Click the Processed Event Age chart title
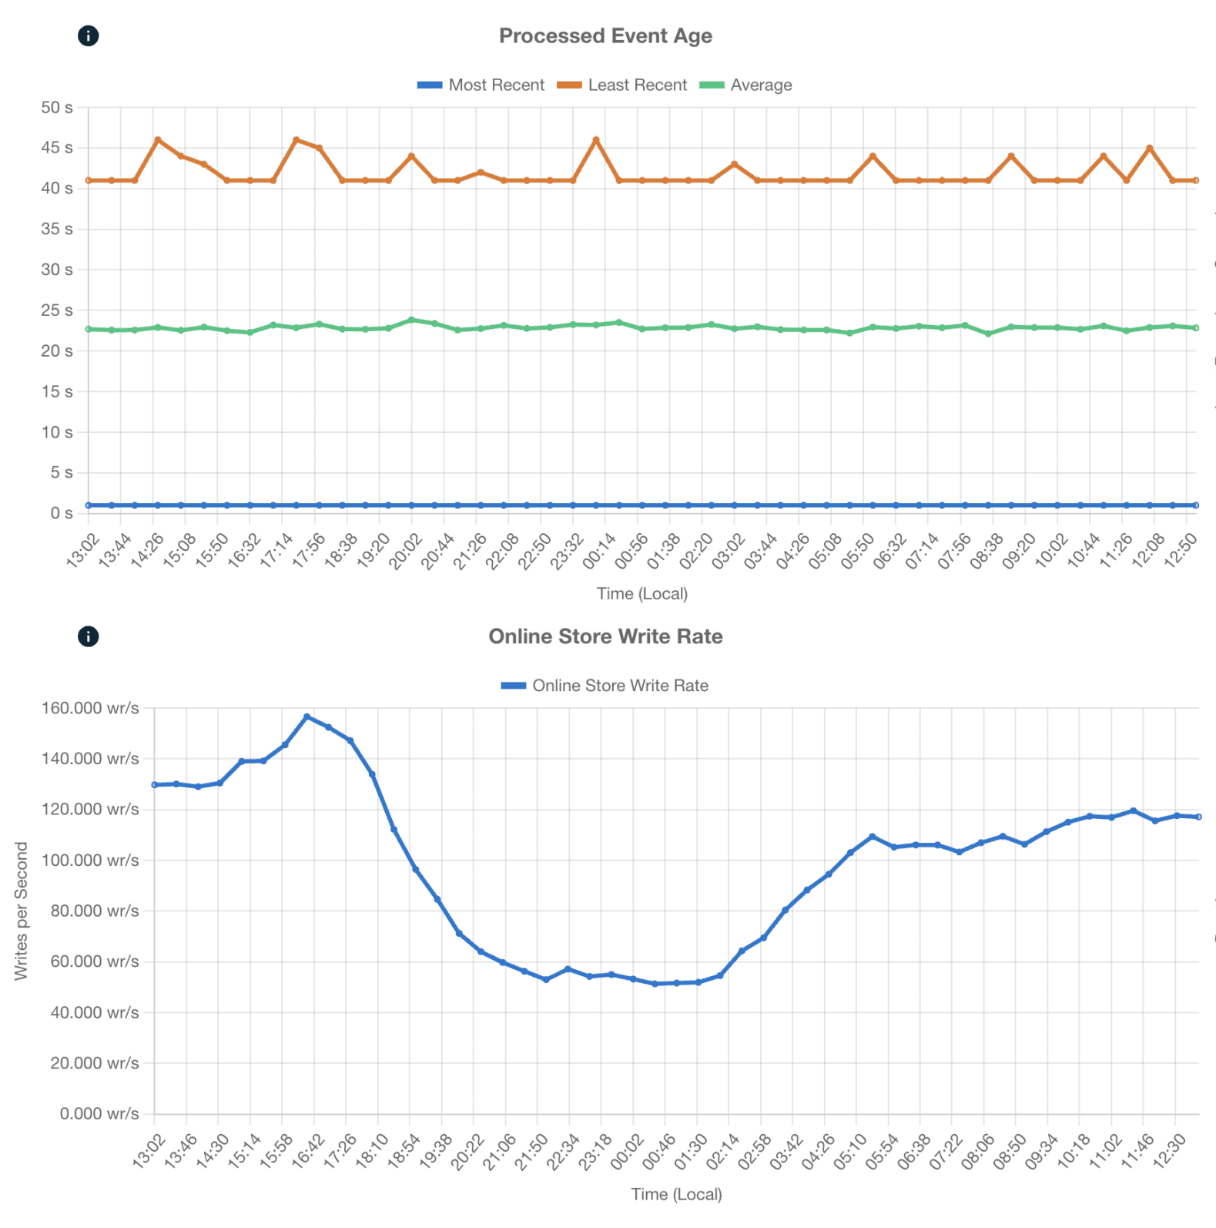click(605, 36)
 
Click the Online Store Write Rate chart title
click(605, 636)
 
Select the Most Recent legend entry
click(481, 85)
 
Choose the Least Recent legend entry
click(622, 85)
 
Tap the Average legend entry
click(746, 85)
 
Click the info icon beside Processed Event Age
click(89, 35)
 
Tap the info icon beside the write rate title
click(89, 636)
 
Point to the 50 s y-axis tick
click(58, 108)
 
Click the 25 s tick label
click(58, 310)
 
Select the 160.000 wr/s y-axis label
click(90, 708)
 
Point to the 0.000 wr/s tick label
click(99, 1114)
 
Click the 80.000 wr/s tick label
click(95, 911)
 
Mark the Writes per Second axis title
click(21, 911)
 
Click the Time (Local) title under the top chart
click(641, 593)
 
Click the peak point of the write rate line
click(307, 716)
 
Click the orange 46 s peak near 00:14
click(596, 140)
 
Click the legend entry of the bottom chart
click(605, 686)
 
